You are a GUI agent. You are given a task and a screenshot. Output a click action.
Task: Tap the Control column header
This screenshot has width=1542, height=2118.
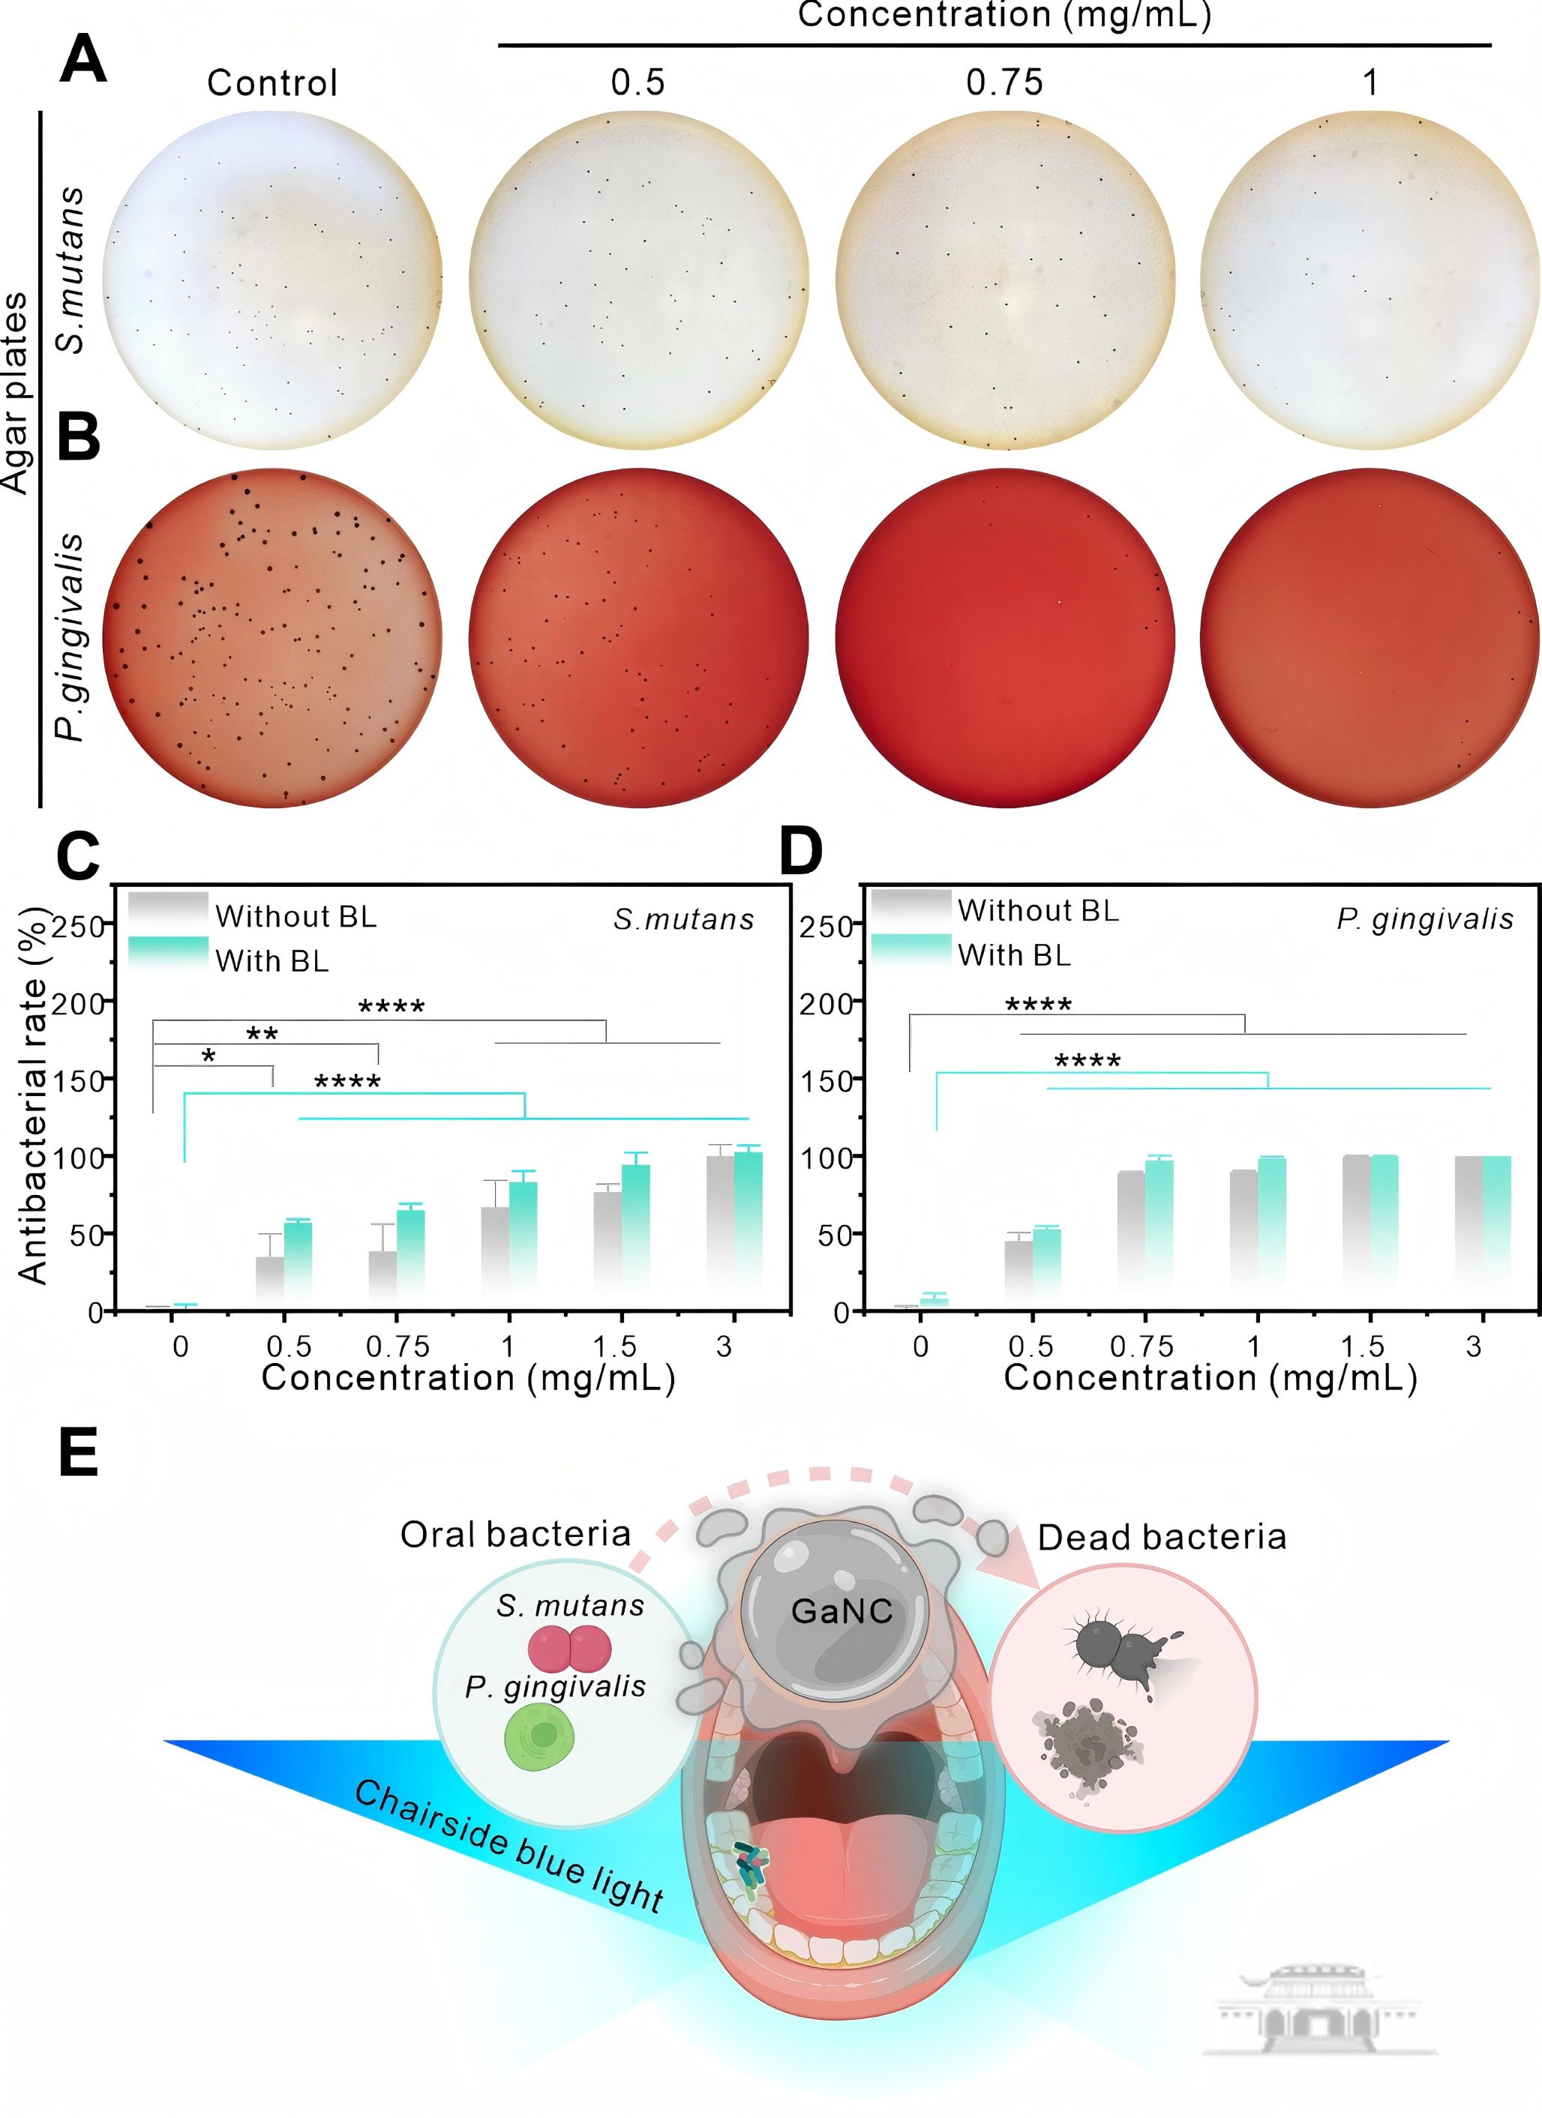click(271, 83)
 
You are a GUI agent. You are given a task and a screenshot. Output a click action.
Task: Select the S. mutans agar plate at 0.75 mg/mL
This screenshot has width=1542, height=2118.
click(1004, 280)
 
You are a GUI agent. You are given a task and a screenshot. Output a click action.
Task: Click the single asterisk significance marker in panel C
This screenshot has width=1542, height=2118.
click(209, 1057)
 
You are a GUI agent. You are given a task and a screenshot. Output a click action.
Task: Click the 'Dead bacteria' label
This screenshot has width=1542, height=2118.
click(1162, 1537)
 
